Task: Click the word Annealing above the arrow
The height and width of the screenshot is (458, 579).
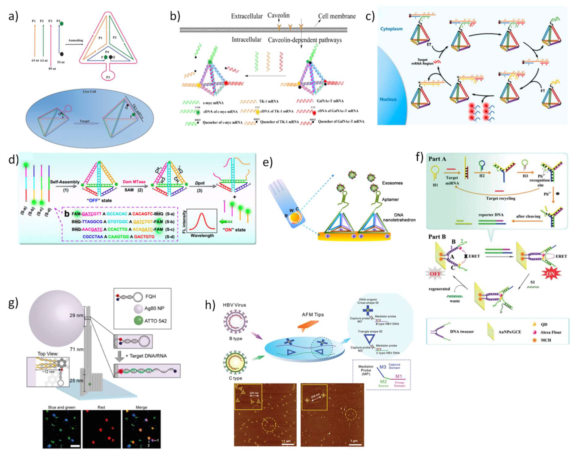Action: click(x=76, y=40)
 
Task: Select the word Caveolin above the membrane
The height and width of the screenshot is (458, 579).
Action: click(x=278, y=15)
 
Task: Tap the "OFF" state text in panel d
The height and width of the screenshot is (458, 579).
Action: click(x=99, y=200)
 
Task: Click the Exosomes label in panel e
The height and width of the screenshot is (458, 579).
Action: click(x=392, y=183)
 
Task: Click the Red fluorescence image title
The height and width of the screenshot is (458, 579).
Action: click(x=101, y=407)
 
